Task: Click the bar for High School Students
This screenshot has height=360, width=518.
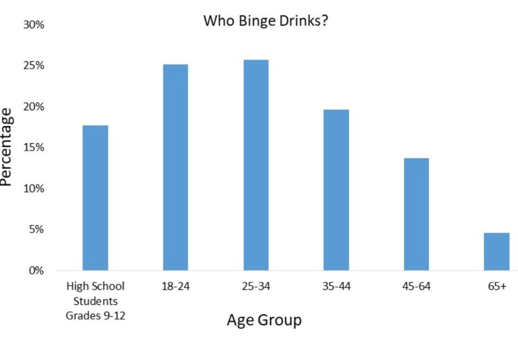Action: pyautogui.click(x=95, y=197)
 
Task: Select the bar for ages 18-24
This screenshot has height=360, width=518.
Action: pyautogui.click(x=175, y=167)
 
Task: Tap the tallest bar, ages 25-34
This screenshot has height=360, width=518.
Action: pyautogui.click(x=255, y=165)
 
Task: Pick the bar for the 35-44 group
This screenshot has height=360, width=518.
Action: pyautogui.click(x=336, y=190)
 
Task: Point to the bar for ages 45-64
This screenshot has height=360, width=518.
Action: pyautogui.click(x=416, y=214)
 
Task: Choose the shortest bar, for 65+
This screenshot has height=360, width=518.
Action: pyautogui.click(x=496, y=251)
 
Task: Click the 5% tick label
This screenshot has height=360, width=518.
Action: pyautogui.click(x=36, y=229)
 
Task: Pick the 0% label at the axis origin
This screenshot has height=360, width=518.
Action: pyautogui.click(x=36, y=270)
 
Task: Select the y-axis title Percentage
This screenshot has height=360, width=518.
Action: pyautogui.click(x=7, y=147)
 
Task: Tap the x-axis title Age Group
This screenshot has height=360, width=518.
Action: pyautogui.click(x=264, y=321)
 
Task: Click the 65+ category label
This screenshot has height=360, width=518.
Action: pyautogui.click(x=496, y=287)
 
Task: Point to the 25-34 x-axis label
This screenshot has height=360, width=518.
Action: pyautogui.click(x=255, y=287)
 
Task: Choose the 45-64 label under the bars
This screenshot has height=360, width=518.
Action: pyautogui.click(x=416, y=287)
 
